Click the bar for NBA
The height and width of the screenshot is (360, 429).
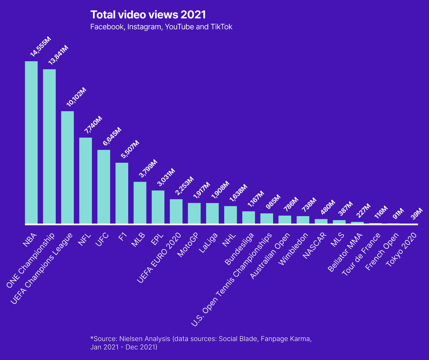click(x=31, y=142)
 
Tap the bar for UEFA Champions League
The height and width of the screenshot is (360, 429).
click(x=67, y=167)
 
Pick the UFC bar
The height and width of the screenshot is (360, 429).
click(x=104, y=187)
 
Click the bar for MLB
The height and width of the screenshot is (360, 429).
click(x=140, y=202)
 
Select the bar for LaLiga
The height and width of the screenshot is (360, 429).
click(x=212, y=213)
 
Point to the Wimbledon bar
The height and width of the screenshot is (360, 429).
click(x=303, y=220)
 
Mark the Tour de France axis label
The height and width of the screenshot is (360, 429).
click(x=361, y=253)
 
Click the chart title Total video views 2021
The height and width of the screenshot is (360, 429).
click(x=148, y=15)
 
